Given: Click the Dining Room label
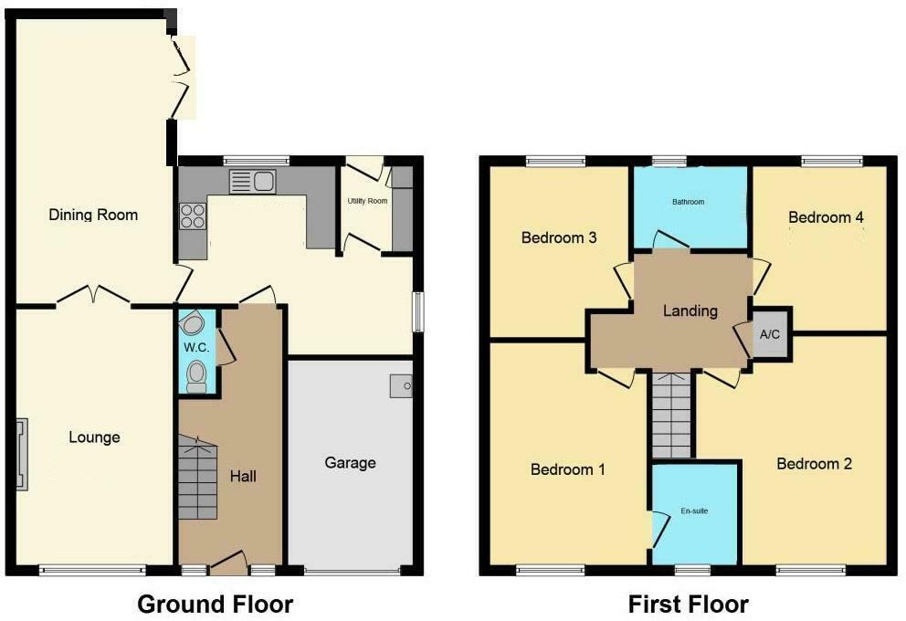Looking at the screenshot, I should (93, 216).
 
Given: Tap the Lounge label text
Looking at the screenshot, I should (94, 437).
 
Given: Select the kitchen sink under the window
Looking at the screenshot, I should (252, 182).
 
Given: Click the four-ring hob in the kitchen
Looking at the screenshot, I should (193, 216).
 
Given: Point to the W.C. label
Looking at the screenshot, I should (195, 348).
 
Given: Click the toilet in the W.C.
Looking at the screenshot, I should (196, 377).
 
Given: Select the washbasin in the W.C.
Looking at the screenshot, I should (192, 323).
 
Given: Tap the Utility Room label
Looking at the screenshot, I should (367, 200).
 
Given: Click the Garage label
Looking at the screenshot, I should (350, 463).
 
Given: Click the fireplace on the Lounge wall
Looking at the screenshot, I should (21, 454).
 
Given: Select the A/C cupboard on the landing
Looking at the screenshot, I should (770, 334).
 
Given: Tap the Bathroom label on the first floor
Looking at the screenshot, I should (689, 202).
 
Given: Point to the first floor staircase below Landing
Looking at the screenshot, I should (673, 417).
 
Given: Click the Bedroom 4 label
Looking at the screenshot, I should (826, 217).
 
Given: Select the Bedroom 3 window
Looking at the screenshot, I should (555, 162).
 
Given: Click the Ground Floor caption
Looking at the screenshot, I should (215, 604).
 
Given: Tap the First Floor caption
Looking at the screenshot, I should (688, 604).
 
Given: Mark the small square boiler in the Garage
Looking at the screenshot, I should (401, 386).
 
